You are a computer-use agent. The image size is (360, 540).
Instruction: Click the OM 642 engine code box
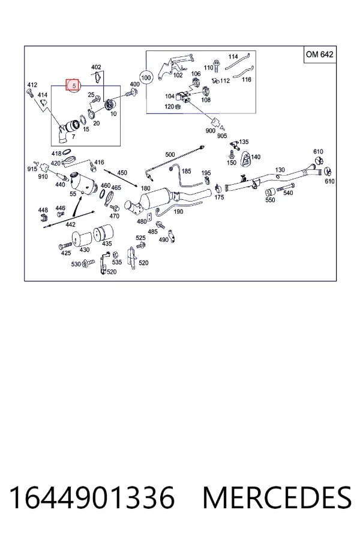(319, 55)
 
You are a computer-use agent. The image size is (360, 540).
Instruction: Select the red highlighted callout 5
(73, 85)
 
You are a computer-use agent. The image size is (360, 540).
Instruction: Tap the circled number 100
(146, 77)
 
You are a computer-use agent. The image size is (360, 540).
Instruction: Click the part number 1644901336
(92, 497)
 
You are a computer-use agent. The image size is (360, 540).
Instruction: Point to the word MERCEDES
(277, 497)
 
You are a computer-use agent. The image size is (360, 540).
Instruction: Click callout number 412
(32, 85)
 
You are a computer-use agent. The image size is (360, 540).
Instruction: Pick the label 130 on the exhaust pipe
(280, 170)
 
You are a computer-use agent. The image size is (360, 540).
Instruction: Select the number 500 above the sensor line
(170, 155)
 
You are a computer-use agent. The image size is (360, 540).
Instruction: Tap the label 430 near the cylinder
(85, 250)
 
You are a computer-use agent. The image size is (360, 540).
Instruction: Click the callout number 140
(256, 157)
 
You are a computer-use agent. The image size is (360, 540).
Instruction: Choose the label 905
(222, 136)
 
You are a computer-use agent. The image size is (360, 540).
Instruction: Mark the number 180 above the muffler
(145, 188)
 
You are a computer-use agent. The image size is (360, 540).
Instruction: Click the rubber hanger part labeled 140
(245, 158)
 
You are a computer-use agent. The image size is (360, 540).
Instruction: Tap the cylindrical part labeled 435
(104, 233)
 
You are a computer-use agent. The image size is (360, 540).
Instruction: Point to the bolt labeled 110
(217, 66)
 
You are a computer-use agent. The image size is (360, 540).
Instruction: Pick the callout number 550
(270, 200)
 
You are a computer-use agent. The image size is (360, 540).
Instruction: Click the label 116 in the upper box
(247, 80)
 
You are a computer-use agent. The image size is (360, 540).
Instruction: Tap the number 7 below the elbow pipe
(73, 137)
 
